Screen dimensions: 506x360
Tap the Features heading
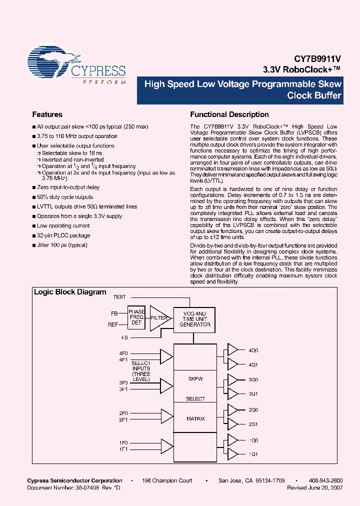(47, 114)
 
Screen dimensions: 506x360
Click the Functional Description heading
(229, 114)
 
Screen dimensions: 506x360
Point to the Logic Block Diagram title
(70, 292)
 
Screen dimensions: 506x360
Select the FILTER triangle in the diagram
(159, 317)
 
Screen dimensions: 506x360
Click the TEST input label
(119, 297)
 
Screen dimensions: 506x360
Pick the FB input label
(114, 313)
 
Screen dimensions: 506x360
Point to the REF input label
(113, 324)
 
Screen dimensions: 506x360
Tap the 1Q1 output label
(253, 454)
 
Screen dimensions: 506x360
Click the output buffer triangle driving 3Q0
(232, 379)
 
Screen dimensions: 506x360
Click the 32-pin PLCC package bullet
(63, 235)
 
